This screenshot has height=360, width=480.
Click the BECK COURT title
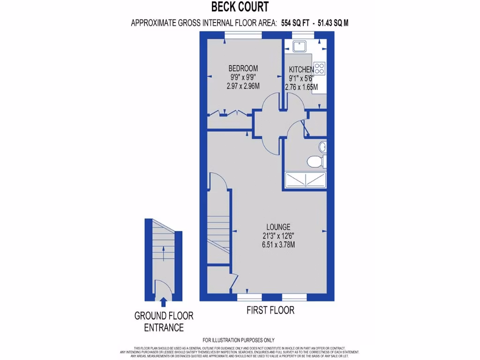[240, 7]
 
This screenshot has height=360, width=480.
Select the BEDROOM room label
[243, 68]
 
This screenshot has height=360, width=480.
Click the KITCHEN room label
[301, 70]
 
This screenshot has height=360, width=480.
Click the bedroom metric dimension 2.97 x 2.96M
[243, 86]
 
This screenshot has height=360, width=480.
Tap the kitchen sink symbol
[299, 46]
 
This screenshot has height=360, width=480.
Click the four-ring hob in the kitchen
[320, 68]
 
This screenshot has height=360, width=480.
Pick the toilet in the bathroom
[315, 162]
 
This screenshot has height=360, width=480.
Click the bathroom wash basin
[322, 147]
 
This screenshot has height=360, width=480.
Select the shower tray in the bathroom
[305, 179]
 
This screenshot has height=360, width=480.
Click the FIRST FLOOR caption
[270, 310]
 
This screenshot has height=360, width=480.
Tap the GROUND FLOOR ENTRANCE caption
[164, 322]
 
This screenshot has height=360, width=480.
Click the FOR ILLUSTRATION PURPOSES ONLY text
[239, 340]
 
